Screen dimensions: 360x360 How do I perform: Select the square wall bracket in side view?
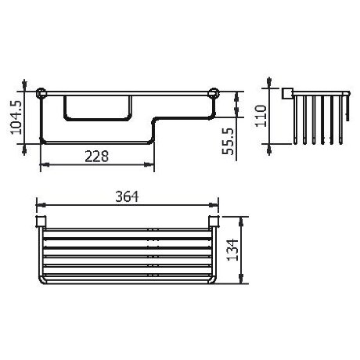(x=287, y=95)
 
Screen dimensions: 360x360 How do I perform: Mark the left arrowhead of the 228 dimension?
(x=42, y=164)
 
